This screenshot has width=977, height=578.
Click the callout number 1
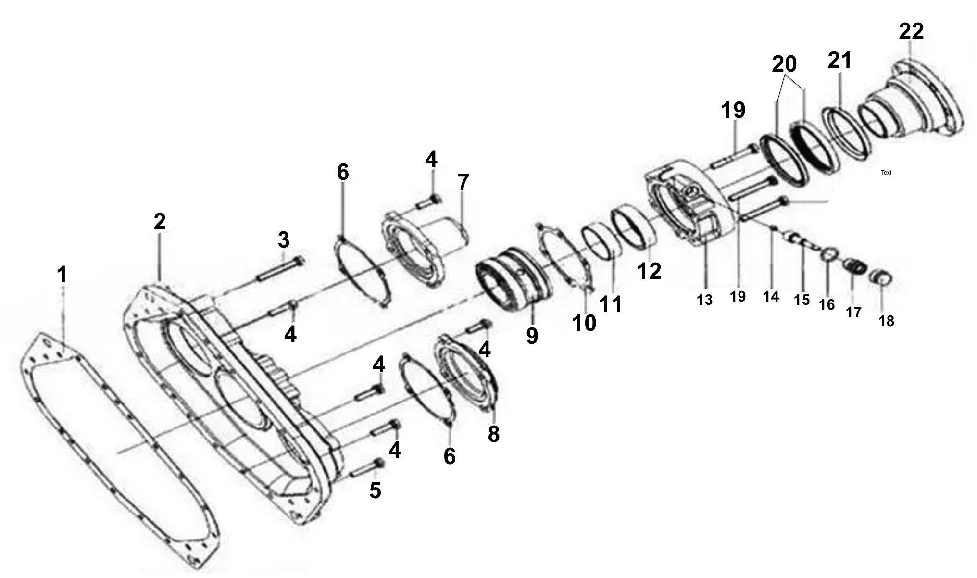point(62,275)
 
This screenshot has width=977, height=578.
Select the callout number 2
point(160,221)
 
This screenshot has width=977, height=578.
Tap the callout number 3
point(284,239)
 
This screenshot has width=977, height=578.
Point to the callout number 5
point(375,490)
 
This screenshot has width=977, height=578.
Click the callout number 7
point(463,182)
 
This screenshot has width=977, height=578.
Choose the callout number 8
point(494,434)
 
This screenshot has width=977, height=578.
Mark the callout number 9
point(532,336)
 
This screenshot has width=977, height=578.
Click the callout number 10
point(584,323)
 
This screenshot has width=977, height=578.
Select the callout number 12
point(649,271)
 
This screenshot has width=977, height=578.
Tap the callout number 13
point(704,300)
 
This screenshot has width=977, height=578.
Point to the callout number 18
point(886,321)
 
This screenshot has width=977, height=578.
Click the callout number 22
point(911,31)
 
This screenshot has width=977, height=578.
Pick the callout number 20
point(784,63)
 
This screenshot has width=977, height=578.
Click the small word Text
point(886,172)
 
